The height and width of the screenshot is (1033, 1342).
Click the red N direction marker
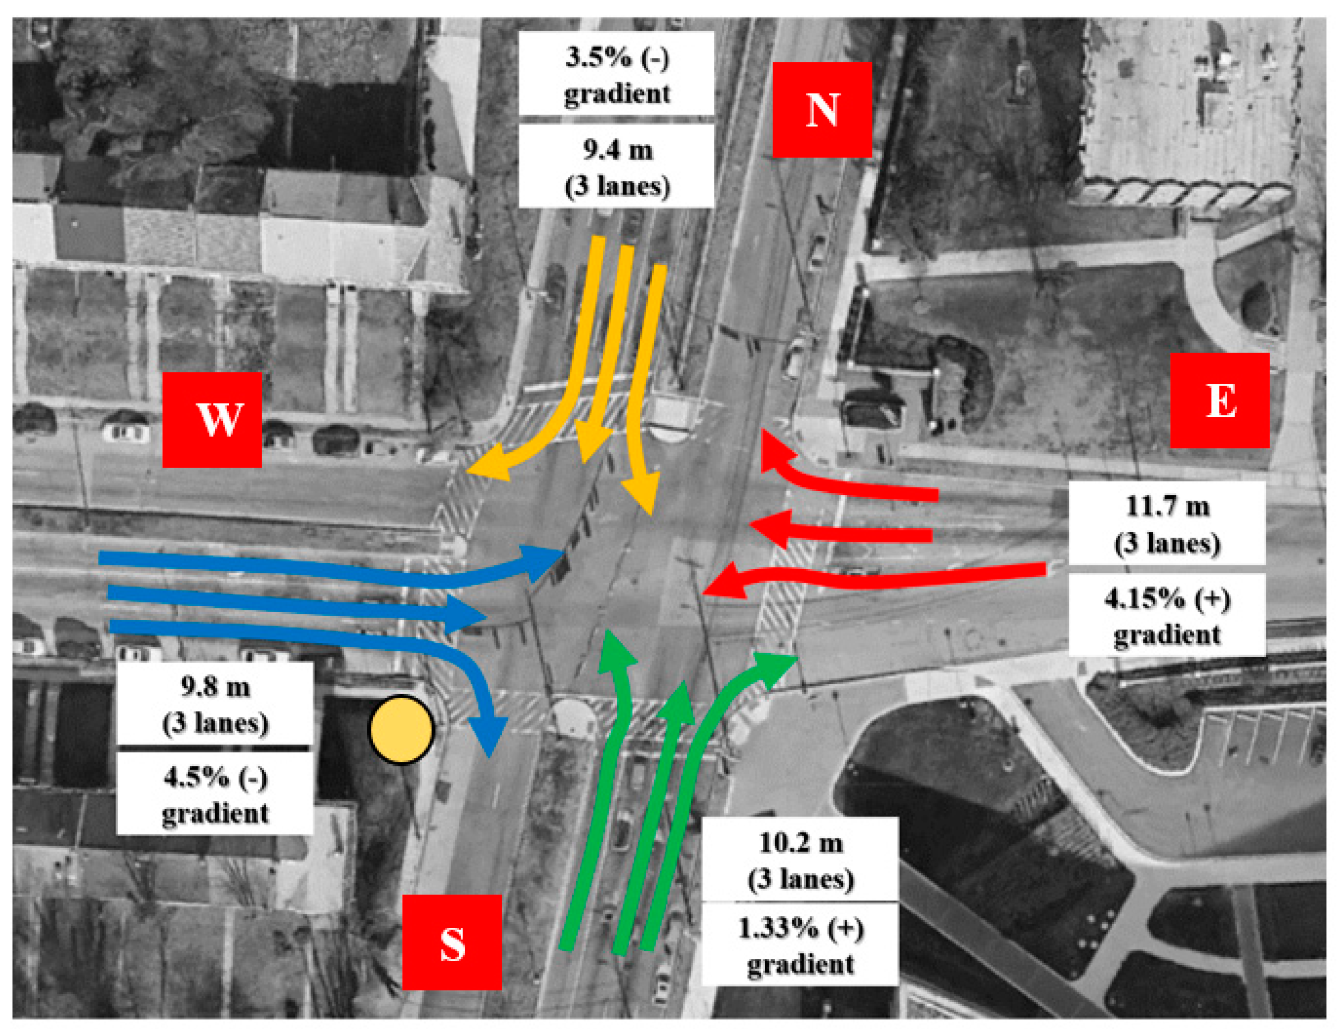click(x=822, y=110)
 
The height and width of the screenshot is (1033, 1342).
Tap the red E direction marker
click(x=1220, y=400)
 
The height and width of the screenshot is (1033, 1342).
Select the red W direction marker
click(x=212, y=419)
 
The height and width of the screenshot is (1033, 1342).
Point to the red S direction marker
click(x=452, y=942)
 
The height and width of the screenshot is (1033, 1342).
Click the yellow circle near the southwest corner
click(x=401, y=730)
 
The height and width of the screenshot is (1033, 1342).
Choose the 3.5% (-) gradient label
click(x=616, y=74)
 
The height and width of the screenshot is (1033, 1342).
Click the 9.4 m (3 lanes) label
click(x=616, y=167)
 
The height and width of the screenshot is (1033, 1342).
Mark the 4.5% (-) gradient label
click(x=215, y=794)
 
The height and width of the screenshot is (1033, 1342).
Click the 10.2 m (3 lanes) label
click(x=800, y=860)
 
